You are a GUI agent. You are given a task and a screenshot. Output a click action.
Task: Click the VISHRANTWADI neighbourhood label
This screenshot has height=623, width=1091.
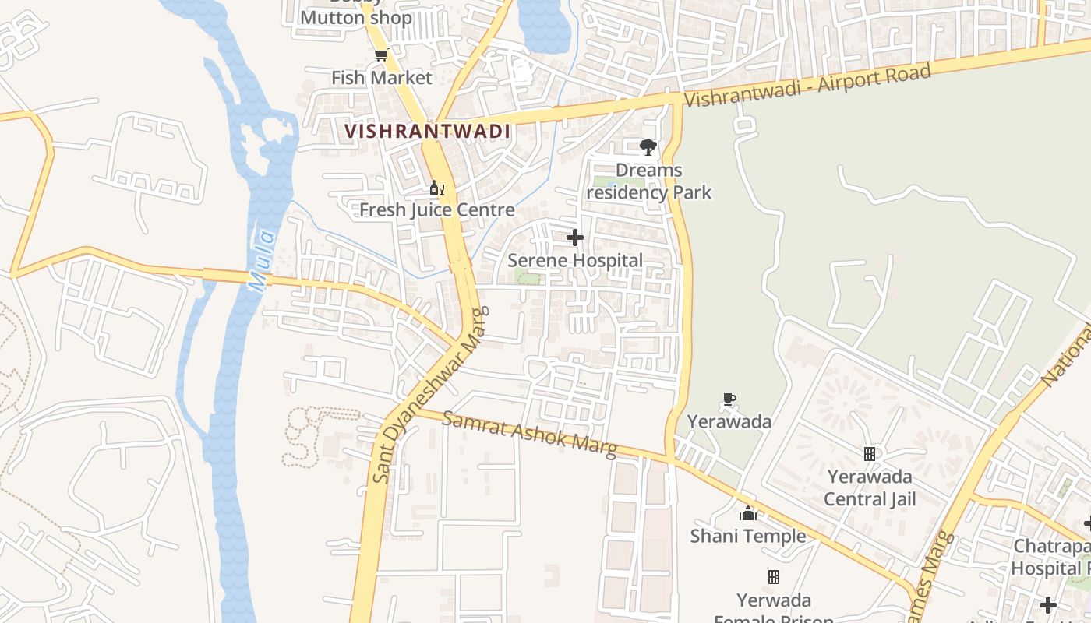click(428, 131)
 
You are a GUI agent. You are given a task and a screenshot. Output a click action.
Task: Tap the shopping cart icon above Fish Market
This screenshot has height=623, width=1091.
click(381, 55)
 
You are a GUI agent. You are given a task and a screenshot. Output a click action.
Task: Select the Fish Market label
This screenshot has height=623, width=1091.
click(381, 78)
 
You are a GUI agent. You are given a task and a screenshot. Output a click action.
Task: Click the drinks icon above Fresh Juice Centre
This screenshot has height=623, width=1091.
click(437, 188)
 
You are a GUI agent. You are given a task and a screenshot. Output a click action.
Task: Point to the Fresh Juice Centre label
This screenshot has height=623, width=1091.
click(437, 210)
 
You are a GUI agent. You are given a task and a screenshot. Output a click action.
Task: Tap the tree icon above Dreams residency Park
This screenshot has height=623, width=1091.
click(648, 146)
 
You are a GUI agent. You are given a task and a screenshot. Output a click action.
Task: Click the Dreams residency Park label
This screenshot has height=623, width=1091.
click(648, 181)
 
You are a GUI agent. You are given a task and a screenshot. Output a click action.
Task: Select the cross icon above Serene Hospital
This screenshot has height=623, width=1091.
click(575, 238)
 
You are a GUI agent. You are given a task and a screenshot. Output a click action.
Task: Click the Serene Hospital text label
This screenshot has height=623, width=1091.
click(575, 261)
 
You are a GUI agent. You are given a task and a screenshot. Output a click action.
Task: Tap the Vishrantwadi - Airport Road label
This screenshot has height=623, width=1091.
click(807, 87)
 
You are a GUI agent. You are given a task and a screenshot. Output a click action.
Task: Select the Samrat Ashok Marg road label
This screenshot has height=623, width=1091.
click(530, 434)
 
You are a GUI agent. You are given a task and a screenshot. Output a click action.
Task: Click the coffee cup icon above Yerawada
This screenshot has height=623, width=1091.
click(729, 399)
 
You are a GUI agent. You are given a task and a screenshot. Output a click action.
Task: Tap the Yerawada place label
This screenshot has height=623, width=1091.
click(729, 422)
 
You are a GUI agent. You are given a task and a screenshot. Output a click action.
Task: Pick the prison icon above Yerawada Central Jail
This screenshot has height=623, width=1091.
click(870, 453)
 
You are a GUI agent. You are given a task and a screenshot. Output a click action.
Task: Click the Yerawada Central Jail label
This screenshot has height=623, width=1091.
click(870, 487)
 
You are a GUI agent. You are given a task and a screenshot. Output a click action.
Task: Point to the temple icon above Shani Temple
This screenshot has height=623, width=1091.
click(748, 513)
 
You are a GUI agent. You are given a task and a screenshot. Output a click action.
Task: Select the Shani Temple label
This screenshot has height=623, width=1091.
click(748, 537)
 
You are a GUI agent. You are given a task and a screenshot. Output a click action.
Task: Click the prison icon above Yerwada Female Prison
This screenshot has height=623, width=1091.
click(774, 577)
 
